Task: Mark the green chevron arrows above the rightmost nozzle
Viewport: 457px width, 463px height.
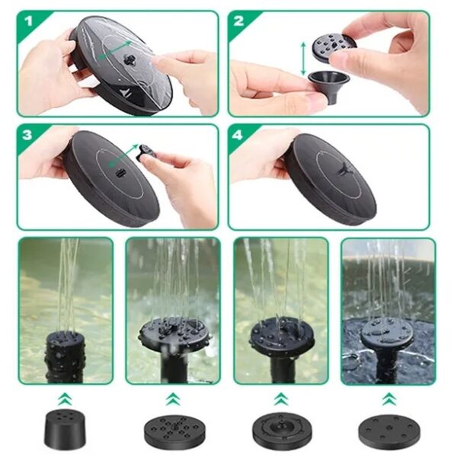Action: coord(388,398)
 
